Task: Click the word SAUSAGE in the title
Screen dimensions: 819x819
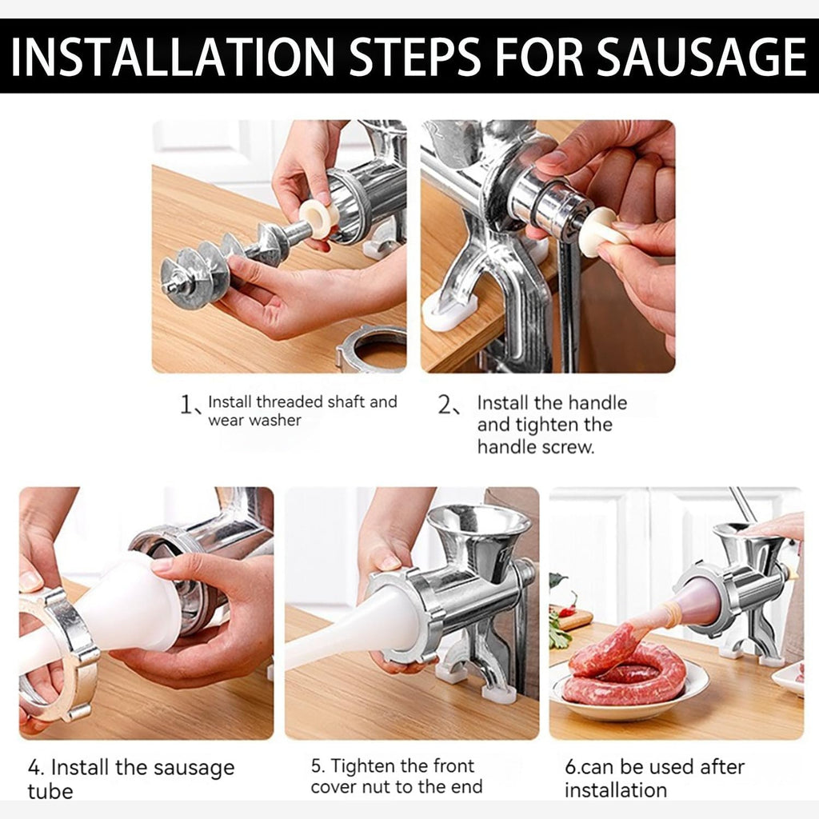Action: click(701, 57)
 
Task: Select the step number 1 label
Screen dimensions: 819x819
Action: click(189, 404)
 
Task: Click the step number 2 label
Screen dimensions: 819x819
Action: click(448, 405)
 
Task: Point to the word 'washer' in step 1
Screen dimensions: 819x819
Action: click(275, 421)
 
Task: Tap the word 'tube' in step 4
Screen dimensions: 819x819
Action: click(50, 791)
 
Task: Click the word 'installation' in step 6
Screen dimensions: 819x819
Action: click(616, 790)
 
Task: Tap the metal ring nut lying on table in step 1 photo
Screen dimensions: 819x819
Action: click(372, 347)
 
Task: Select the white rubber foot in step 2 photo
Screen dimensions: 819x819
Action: click(449, 313)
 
